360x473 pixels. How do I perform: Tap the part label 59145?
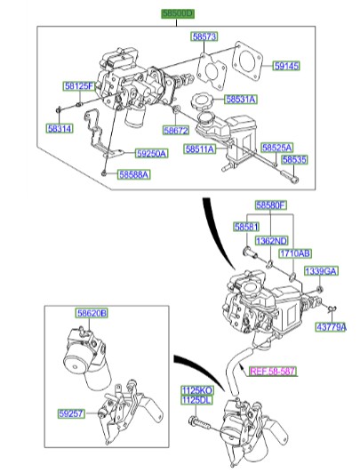285,66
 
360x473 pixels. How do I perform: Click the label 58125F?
78,86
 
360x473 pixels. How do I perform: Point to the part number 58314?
60,129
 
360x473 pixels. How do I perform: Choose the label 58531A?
239,100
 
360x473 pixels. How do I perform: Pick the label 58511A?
200,149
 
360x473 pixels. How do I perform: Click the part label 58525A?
277,147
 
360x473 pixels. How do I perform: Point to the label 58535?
294,160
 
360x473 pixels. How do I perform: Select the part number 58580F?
271,205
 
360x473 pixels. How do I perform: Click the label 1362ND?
271,241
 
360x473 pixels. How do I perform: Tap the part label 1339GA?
321,270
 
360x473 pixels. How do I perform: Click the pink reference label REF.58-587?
274,373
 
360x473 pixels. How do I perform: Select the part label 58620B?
91,313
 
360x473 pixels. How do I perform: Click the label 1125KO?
198,390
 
